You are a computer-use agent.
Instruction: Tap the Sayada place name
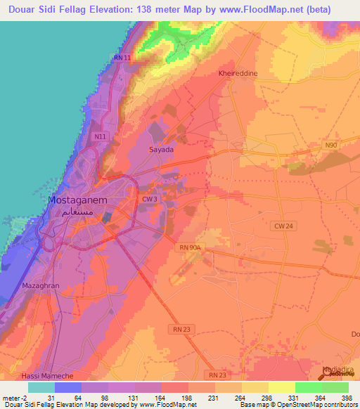(161, 150)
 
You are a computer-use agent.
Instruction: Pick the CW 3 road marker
(148, 200)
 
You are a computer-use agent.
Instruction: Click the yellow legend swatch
(282, 387)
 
